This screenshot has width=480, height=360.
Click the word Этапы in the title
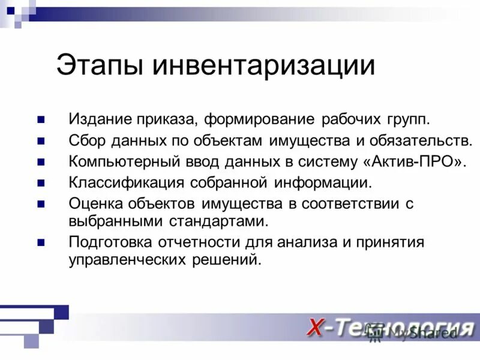pos(100,65)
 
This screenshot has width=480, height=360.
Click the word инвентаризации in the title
pos(263,65)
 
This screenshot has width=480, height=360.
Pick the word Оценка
pos(95,203)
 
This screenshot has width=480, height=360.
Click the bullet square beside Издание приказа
pos(41,119)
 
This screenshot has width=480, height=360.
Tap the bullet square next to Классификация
pos(41,182)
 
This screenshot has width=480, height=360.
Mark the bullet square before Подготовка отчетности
pos(41,242)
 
